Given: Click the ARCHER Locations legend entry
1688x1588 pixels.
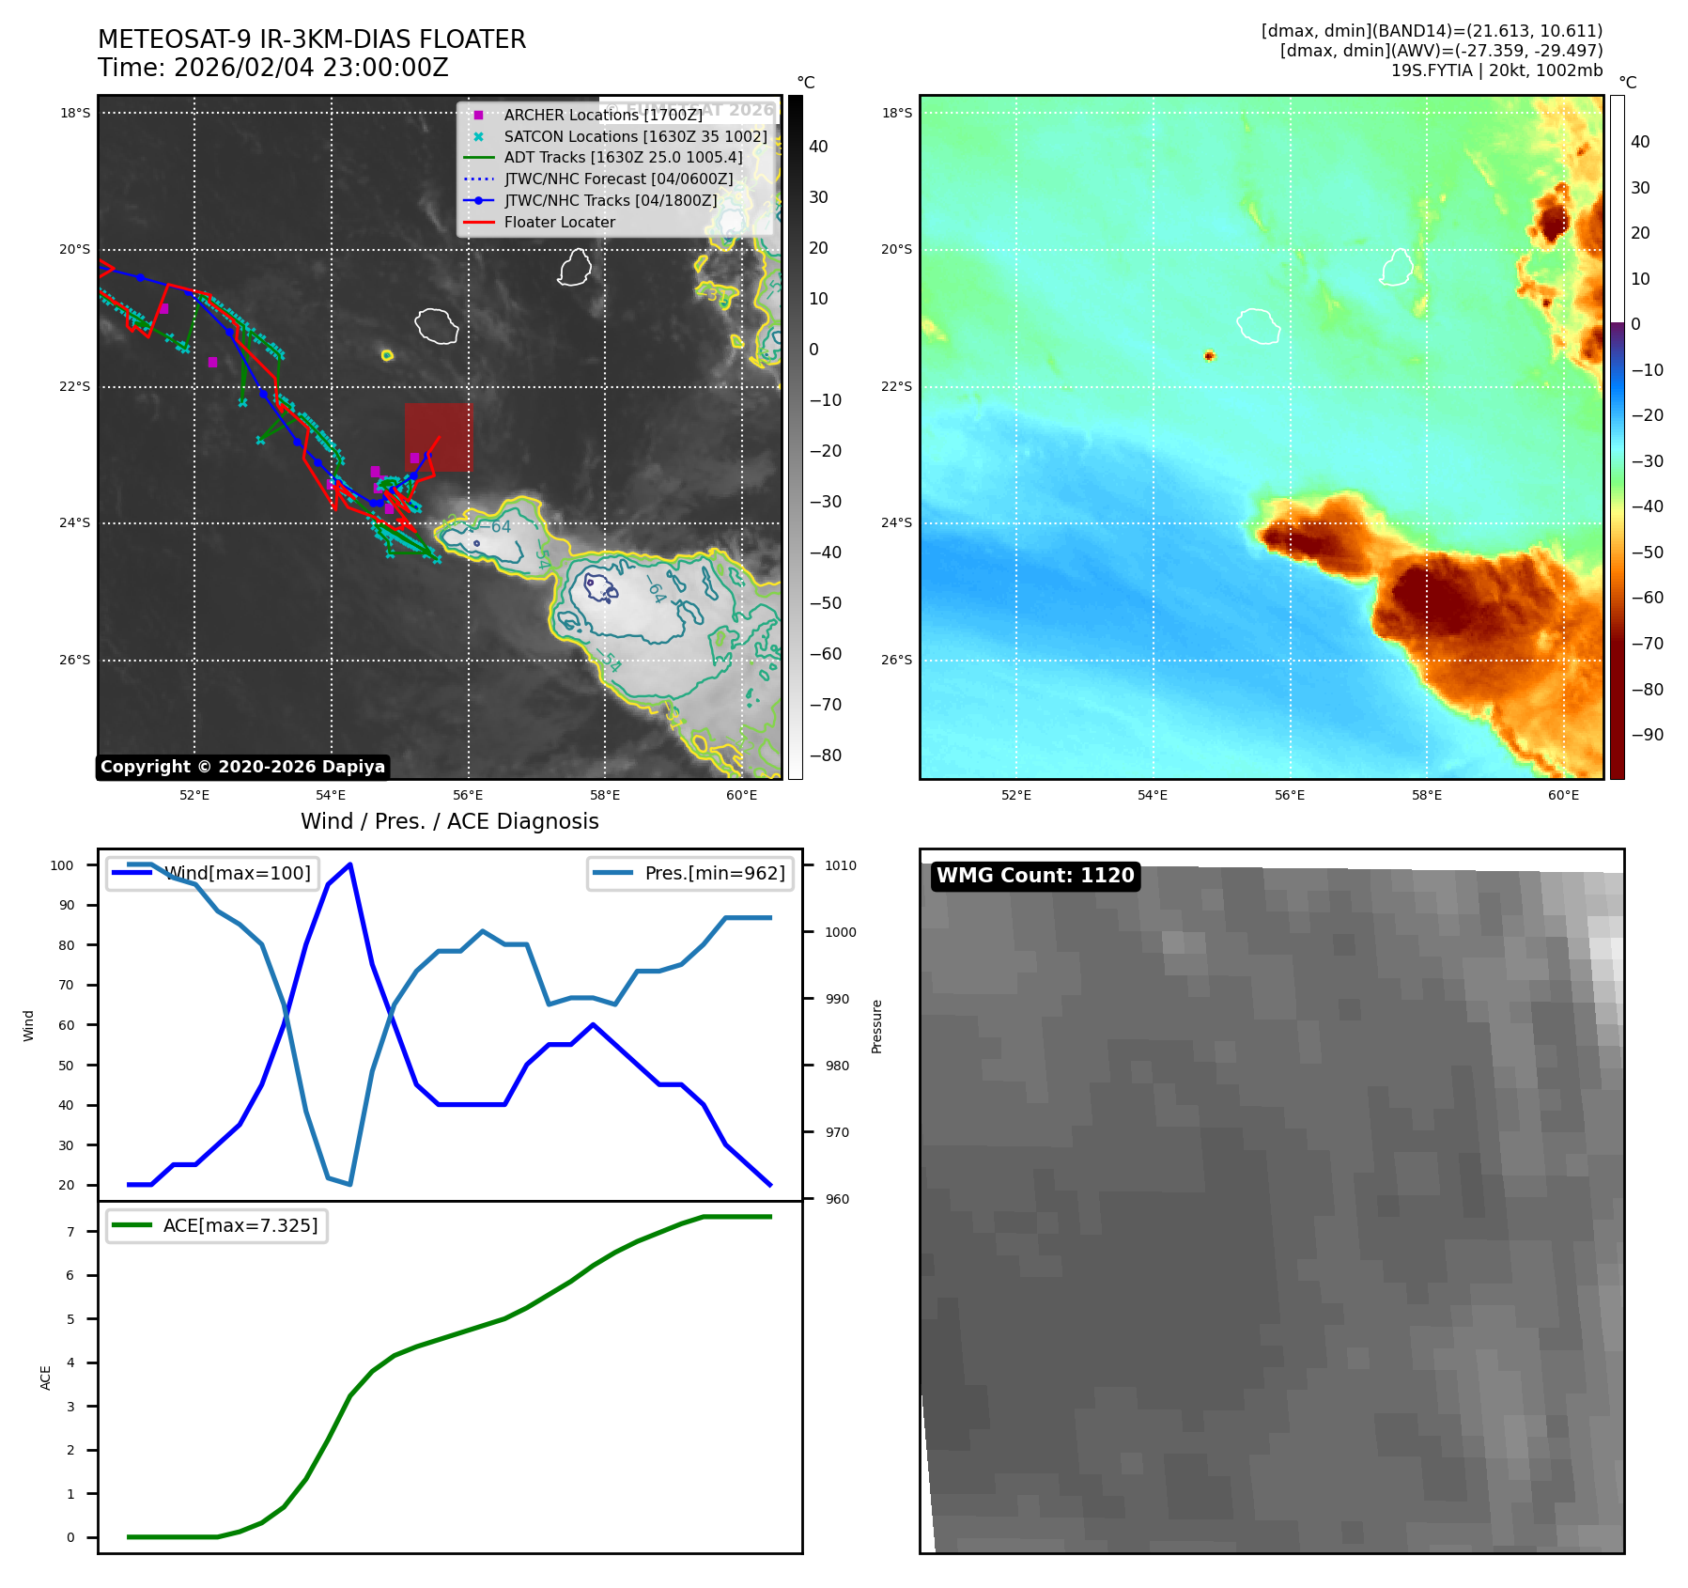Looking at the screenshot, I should pyautogui.click(x=602, y=115).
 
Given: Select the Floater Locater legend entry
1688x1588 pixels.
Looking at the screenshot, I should pyautogui.click(x=559, y=223).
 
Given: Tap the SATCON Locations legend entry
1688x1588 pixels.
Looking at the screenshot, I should pyautogui.click(x=635, y=136).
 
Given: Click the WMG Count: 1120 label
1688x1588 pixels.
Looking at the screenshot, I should pyautogui.click(x=1035, y=876).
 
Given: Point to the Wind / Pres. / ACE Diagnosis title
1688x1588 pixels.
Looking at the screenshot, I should pyautogui.click(x=449, y=821).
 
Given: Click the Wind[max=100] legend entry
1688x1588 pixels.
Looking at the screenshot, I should pyautogui.click(x=237, y=873).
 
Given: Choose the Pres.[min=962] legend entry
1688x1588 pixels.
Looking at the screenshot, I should pyautogui.click(x=714, y=873).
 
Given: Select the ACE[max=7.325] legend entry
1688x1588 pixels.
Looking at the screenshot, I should pyautogui.click(x=240, y=1225).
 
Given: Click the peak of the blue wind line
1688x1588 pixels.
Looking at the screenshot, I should pyautogui.click(x=349, y=864).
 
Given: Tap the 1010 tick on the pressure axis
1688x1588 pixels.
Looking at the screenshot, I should pyautogui.click(x=841, y=865).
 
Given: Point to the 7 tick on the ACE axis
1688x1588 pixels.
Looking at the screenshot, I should pyautogui.click(x=70, y=1232).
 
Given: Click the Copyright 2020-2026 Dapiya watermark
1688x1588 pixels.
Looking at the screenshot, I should pyautogui.click(x=242, y=767).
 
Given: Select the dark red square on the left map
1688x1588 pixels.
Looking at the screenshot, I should pyautogui.click(x=439, y=437).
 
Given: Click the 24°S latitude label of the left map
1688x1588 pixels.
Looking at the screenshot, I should pyautogui.click(x=75, y=523).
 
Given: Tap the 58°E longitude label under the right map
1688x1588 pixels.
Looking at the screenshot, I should pyautogui.click(x=1426, y=796).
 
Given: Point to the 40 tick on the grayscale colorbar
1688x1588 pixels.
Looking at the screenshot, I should pyautogui.click(x=818, y=147).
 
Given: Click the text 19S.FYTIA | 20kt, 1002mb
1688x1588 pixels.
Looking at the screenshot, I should pyautogui.click(x=1496, y=70).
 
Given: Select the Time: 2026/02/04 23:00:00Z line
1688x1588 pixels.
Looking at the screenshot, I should pyautogui.click(x=273, y=69).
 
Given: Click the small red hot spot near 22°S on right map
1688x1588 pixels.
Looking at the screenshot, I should pyautogui.click(x=1209, y=355).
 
